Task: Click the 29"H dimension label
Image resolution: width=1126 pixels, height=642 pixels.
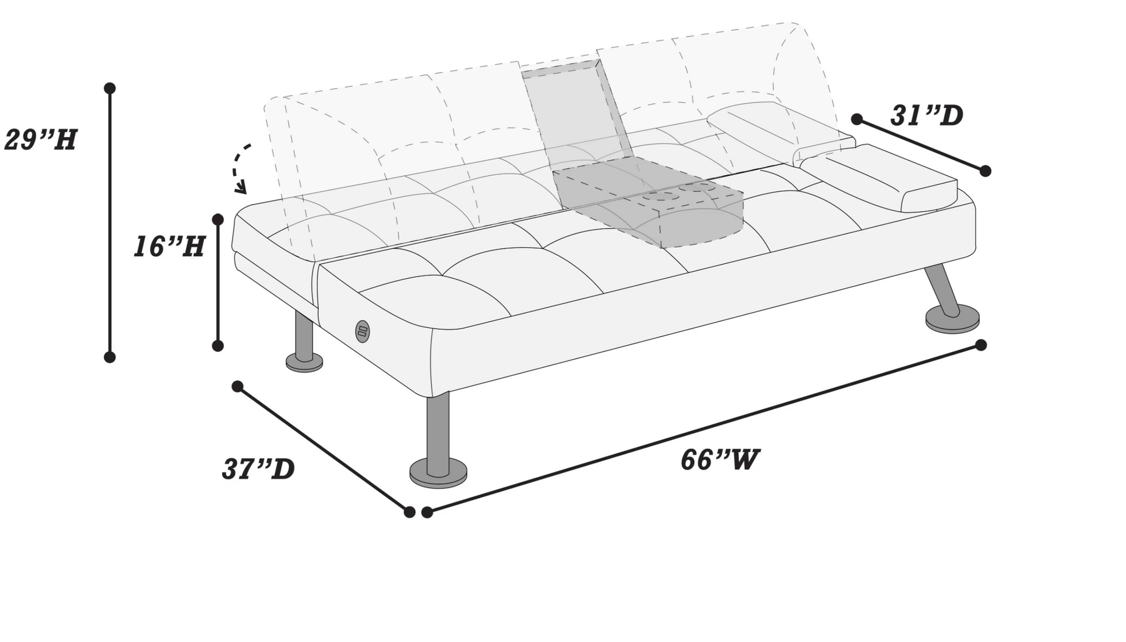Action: (41, 140)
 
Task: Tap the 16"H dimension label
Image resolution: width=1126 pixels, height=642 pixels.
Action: (170, 247)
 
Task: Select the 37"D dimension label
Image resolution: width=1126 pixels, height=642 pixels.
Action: (259, 469)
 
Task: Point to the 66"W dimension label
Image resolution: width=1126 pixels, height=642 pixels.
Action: (719, 460)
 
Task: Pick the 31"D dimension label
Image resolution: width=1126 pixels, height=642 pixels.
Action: (926, 116)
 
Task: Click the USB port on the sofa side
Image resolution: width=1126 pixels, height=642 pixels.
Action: (362, 331)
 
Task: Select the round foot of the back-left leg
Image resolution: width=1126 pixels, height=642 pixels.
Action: (304, 363)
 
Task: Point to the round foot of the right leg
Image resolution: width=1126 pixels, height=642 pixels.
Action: (952, 319)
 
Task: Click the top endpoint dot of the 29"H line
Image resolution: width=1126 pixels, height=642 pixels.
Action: (110, 88)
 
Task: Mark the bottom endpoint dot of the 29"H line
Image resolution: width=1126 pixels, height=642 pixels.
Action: (110, 357)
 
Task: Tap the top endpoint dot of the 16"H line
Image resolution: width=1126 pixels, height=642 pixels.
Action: (218, 219)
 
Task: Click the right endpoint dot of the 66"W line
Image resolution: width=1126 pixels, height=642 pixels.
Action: (981, 345)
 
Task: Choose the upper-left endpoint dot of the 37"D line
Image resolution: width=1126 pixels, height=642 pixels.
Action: (237, 386)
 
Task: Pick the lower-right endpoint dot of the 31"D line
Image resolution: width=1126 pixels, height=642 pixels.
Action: (985, 171)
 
